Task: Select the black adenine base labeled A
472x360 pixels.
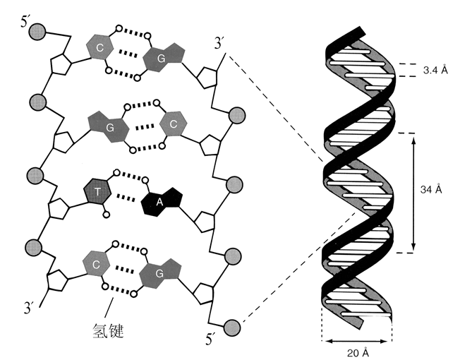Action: pos(160,203)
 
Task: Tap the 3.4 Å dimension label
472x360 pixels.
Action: pos(435,71)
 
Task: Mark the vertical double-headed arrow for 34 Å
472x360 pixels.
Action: pos(413,191)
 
